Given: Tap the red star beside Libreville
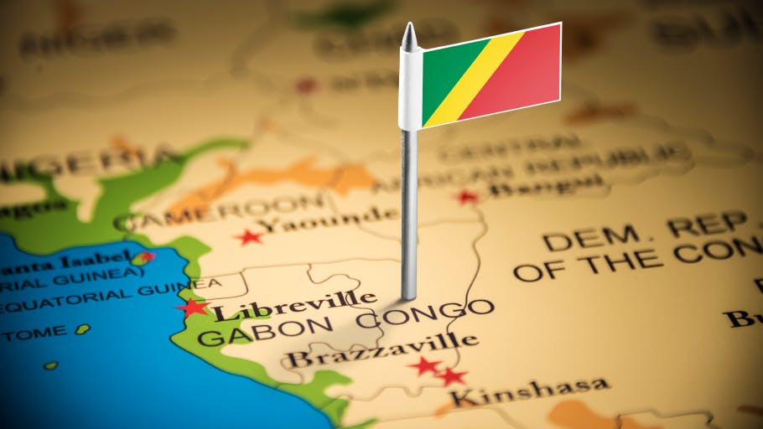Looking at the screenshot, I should pos(192,308).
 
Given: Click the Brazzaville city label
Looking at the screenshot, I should pos(382,350).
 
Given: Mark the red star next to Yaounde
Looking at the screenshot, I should pos(249,237).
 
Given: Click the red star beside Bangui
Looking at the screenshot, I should pos(466,197).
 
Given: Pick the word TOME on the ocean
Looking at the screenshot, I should pos(34,332).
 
